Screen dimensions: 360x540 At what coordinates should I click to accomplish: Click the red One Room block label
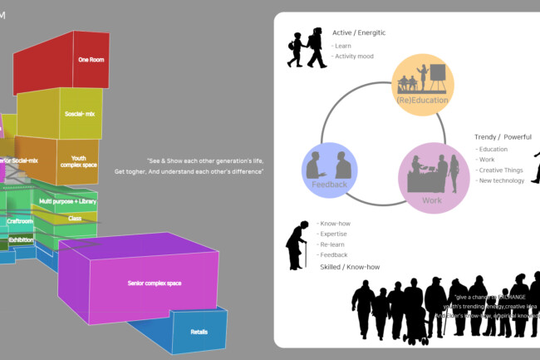click(x=90, y=60)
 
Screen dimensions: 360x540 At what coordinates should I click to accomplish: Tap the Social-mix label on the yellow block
click(x=78, y=113)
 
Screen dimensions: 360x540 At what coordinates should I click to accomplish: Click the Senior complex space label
click(x=155, y=284)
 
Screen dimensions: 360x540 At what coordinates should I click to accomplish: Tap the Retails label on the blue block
click(x=199, y=332)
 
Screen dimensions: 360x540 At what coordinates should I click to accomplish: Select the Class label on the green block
click(x=75, y=218)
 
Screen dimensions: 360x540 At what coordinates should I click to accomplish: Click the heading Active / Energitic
click(x=359, y=32)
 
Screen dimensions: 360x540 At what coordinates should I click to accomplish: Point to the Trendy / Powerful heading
click(x=503, y=136)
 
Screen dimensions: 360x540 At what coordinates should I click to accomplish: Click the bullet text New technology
click(x=501, y=180)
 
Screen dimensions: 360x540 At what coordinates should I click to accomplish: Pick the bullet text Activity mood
click(x=352, y=57)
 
